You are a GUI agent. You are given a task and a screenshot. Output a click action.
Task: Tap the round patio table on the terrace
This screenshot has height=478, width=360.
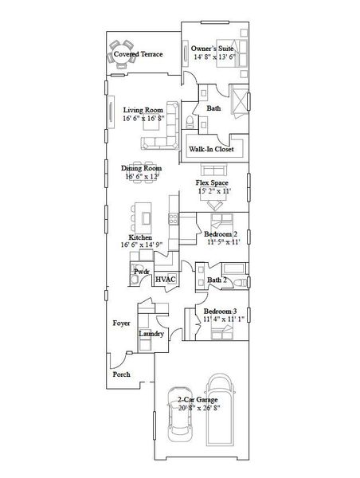coord(121,53)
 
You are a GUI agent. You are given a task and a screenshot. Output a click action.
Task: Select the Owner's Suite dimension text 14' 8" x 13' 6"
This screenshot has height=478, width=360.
coord(213,57)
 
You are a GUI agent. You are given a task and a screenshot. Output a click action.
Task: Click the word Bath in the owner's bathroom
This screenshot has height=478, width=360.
coord(213,108)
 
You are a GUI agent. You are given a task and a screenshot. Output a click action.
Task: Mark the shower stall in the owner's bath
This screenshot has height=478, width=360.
coord(240,103)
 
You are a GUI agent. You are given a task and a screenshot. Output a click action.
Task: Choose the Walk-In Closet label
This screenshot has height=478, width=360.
coord(211,148)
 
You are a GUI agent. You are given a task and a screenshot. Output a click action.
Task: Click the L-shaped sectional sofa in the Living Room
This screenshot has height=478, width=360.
coord(159,141)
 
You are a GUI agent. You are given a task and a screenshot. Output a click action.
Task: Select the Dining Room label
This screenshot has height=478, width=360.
coord(142,169)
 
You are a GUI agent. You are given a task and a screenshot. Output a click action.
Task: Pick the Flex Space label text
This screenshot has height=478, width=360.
coord(213,182)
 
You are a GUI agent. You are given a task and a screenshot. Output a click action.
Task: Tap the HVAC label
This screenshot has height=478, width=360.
coord(166,280)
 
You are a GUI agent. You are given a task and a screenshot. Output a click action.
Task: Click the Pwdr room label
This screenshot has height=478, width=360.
coord(142,272)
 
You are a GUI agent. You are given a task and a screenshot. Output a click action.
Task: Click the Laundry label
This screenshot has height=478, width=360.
coord(151,333)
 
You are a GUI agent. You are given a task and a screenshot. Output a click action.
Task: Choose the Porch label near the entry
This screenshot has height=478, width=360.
coord(120,374)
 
